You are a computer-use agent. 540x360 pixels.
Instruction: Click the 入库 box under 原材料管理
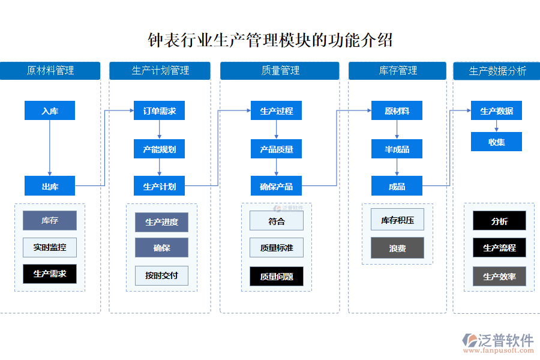tap(50, 110)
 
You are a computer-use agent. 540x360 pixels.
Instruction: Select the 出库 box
tap(50, 186)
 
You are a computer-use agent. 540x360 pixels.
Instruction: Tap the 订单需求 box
tap(159, 110)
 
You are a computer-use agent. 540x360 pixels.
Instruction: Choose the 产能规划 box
tap(159, 149)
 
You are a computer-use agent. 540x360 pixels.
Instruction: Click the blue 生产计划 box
tap(159, 186)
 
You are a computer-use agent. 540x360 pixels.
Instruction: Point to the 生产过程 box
tap(276, 110)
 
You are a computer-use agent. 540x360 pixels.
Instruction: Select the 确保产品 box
tap(276, 186)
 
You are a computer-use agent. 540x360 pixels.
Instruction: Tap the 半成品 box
tap(397, 149)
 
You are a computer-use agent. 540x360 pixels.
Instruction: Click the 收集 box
tap(496, 142)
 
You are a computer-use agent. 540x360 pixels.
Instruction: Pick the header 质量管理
tap(280, 71)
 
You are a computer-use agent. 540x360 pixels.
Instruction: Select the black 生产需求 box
tap(50, 274)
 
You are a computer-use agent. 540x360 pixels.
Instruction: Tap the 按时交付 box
tap(161, 275)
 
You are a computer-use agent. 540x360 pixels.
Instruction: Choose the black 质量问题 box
tap(277, 276)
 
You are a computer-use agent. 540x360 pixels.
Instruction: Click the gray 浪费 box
tap(397, 248)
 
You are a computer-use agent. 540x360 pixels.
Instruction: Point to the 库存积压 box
tap(397, 220)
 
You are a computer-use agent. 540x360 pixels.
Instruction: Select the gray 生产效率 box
tap(499, 276)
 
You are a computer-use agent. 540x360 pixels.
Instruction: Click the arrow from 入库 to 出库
tap(50, 147)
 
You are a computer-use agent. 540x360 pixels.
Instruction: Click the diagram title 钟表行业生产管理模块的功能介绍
tap(270, 40)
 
